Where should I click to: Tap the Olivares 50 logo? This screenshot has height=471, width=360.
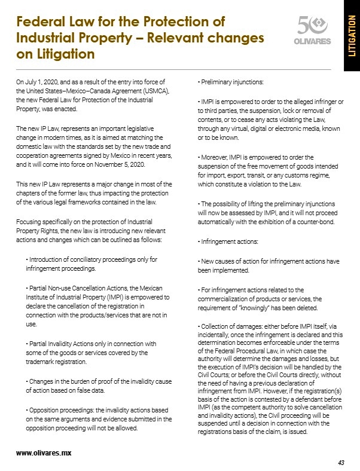312,31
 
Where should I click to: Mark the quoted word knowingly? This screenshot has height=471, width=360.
254,308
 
